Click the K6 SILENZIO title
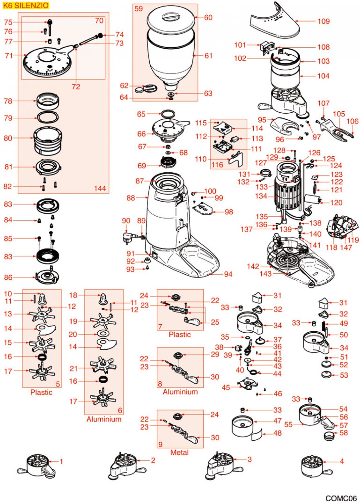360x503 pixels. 25,5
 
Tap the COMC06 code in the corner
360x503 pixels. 341,498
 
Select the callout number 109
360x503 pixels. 323,21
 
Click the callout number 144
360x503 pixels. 100,188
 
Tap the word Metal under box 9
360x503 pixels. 179,452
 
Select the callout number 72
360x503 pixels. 76,87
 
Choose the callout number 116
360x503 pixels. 217,165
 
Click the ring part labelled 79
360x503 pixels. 47,118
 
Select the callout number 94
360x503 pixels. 228,274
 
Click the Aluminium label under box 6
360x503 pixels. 104,419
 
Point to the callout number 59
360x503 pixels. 139,9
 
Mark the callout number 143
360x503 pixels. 265,274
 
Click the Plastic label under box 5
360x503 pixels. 41,392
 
